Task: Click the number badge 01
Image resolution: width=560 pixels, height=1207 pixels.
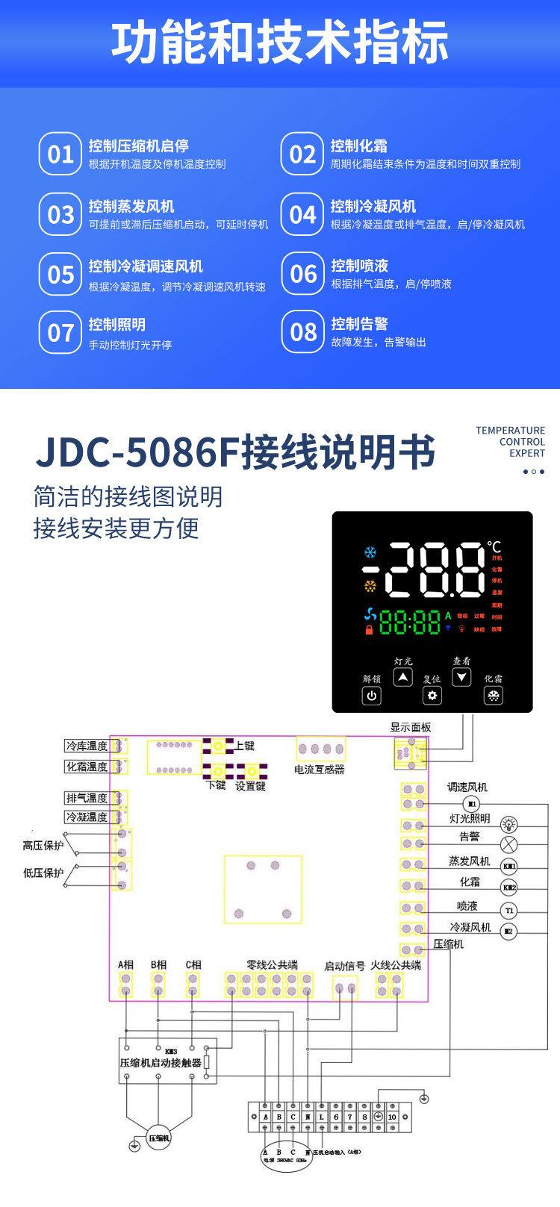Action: (60, 154)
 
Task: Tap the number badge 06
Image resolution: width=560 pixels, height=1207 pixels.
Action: (302, 274)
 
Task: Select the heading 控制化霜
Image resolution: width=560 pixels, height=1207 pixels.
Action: (358, 146)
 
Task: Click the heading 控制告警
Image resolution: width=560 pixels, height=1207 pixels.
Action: (359, 324)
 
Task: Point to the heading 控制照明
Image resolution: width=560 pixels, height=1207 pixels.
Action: (117, 325)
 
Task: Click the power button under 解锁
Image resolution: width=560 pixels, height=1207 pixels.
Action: (371, 696)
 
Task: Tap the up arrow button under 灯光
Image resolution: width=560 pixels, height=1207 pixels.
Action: (403, 677)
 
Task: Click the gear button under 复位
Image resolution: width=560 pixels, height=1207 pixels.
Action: (432, 696)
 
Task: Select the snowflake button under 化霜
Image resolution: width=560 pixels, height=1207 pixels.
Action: (494, 696)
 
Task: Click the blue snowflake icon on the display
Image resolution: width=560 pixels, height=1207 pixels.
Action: (369, 553)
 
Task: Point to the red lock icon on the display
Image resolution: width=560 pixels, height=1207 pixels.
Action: (368, 630)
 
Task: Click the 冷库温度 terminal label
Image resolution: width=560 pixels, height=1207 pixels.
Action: (87, 746)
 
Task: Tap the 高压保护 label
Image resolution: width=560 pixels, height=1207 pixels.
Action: (43, 846)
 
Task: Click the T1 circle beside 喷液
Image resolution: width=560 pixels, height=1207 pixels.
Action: (508, 910)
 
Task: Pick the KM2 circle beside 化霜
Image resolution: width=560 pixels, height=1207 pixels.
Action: (508, 888)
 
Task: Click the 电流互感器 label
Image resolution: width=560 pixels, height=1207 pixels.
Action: (319, 770)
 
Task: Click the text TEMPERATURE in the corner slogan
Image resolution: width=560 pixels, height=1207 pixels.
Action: (510, 431)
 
